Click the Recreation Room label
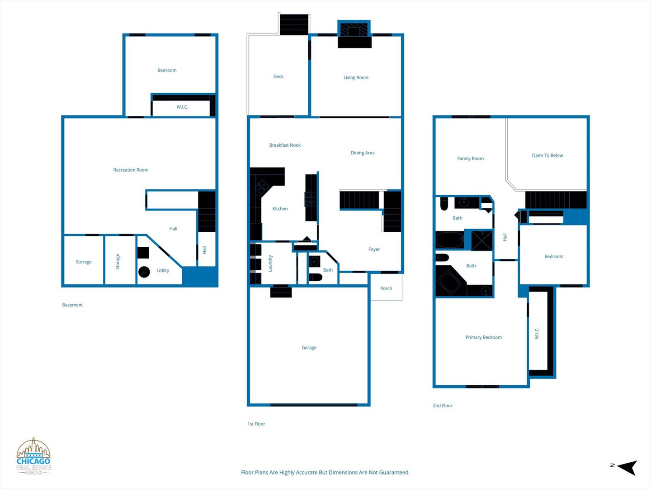tap(131, 170)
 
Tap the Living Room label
tap(356, 77)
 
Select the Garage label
tap(309, 347)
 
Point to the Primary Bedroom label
tap(483, 337)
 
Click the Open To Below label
tap(547, 155)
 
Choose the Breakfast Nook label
tap(285, 145)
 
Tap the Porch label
tap(386, 288)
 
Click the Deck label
tap(278, 77)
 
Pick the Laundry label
tap(270, 263)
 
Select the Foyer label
tap(374, 249)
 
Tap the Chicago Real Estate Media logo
tap(33, 456)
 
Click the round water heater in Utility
tap(144, 272)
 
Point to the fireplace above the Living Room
tap(354, 34)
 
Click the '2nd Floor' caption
tap(443, 406)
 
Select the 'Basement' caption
tap(72, 305)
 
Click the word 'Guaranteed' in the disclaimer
tap(395, 472)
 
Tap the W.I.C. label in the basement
tap(182, 107)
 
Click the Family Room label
tap(470, 158)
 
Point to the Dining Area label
tap(363, 153)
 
